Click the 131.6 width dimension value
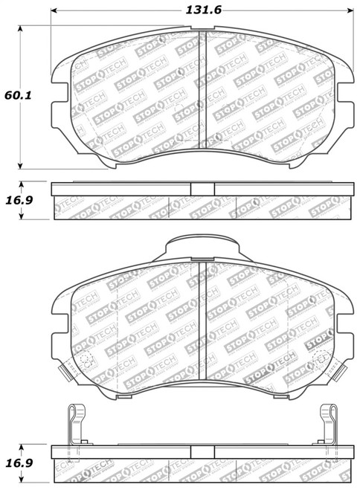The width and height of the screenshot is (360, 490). pos(203,10)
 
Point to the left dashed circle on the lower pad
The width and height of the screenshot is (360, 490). pos(84,361)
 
